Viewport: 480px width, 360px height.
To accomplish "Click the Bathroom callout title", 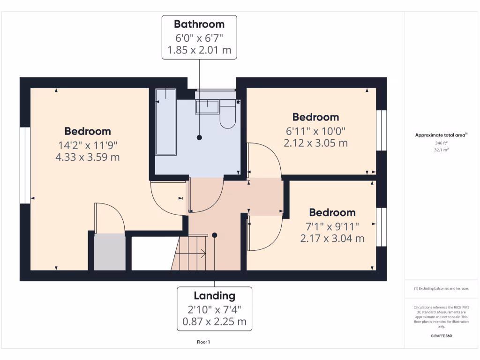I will pyautogui.click(x=199, y=24).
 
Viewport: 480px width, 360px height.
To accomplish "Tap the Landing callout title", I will pyautogui.click(x=214, y=296).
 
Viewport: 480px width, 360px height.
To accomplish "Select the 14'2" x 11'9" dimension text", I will pyautogui.click(x=87, y=145).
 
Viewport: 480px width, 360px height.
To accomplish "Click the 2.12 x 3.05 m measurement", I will pyautogui.click(x=315, y=143).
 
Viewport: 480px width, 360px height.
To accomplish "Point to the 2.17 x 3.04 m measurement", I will pyautogui.click(x=332, y=238).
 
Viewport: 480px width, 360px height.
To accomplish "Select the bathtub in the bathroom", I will pyautogui.click(x=166, y=122).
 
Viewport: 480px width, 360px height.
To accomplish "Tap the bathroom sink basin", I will pyautogui.click(x=207, y=107).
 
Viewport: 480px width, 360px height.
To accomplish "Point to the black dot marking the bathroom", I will pyautogui.click(x=199, y=138).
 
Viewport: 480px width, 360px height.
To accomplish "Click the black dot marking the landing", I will pyautogui.click(x=215, y=235).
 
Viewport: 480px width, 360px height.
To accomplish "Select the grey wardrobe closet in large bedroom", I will pyautogui.click(x=110, y=252).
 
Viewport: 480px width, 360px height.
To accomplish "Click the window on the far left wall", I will pyautogui.click(x=25, y=165).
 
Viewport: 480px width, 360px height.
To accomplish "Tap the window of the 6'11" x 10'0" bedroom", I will pyautogui.click(x=382, y=130).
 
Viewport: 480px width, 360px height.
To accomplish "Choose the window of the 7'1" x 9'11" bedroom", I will pyautogui.click(x=382, y=227).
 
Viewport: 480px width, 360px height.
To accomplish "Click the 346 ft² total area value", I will pyautogui.click(x=441, y=143).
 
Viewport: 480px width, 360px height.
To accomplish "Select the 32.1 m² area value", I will pyautogui.click(x=441, y=150).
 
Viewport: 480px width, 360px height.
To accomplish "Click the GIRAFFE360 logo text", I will pyautogui.click(x=441, y=336).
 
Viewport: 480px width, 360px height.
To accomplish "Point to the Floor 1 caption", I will pyautogui.click(x=203, y=342).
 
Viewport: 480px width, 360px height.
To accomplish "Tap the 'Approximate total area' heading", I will pyautogui.click(x=441, y=135).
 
